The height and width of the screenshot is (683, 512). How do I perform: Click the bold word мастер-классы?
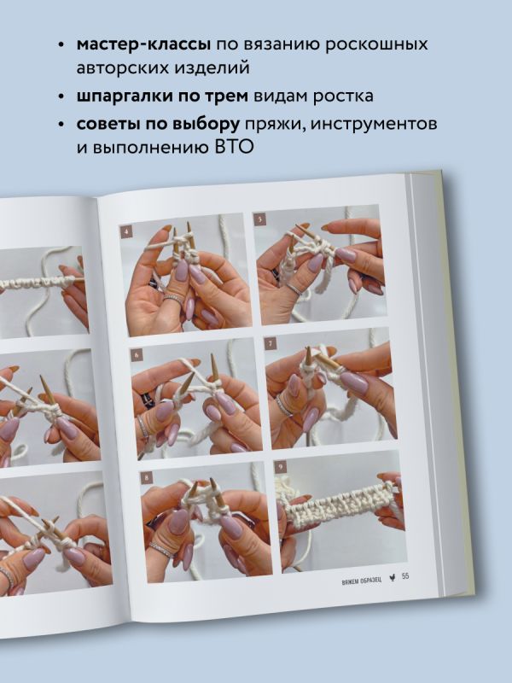(x=143, y=44)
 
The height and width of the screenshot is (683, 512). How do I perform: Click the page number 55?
(x=405, y=576)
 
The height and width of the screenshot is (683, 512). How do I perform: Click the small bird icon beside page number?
(x=393, y=579)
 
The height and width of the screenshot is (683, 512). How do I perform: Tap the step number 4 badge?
(x=126, y=231)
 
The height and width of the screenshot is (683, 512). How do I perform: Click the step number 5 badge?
(x=260, y=219)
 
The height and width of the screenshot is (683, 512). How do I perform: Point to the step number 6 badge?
(x=137, y=355)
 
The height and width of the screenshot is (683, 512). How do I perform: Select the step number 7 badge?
(x=271, y=344)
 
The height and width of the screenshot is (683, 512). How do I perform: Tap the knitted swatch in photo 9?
(x=340, y=505)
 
